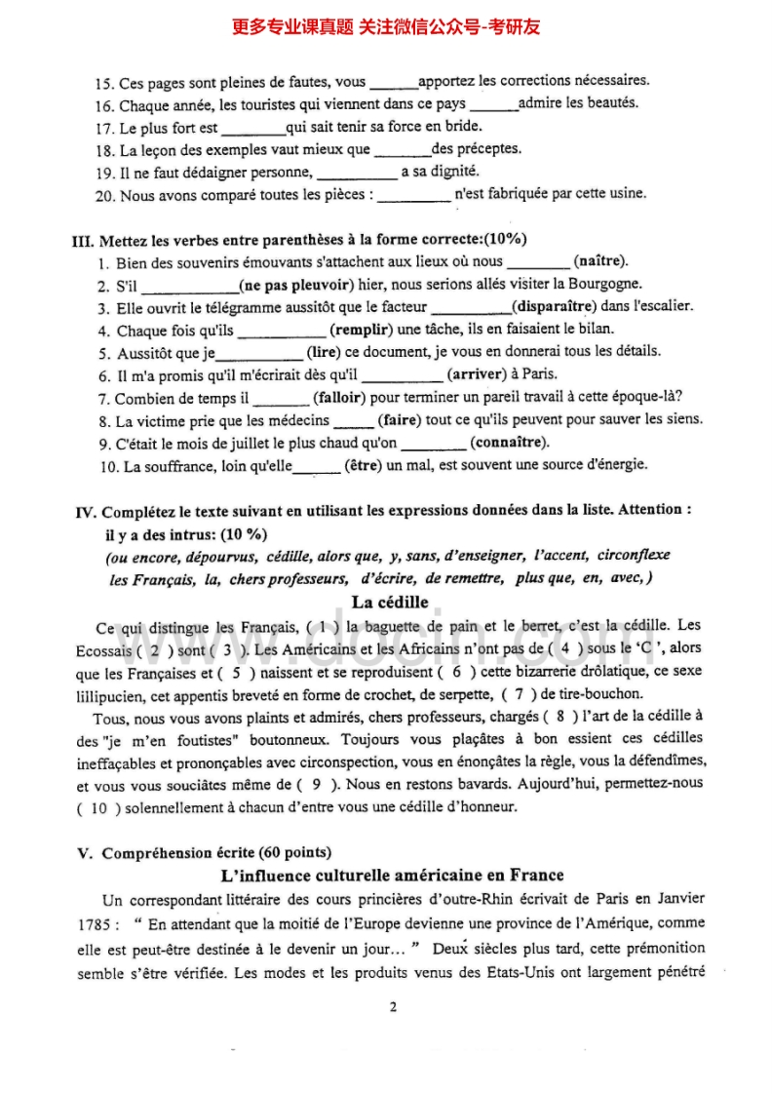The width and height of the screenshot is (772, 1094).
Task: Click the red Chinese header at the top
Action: click(x=386, y=26)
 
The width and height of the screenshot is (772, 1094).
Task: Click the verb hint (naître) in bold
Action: click(x=601, y=261)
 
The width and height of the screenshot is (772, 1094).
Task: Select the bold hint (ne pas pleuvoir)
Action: click(x=294, y=284)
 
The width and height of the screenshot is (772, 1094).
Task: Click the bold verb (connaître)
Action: click(x=509, y=443)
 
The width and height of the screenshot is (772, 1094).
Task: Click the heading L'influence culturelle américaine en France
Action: click(x=387, y=875)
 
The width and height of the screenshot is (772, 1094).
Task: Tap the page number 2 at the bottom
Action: click(x=393, y=1007)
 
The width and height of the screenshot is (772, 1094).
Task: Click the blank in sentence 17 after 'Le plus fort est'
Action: click(x=253, y=127)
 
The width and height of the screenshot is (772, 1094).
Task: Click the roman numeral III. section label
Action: click(x=84, y=240)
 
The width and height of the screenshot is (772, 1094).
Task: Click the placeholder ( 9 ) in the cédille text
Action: click(x=337, y=784)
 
